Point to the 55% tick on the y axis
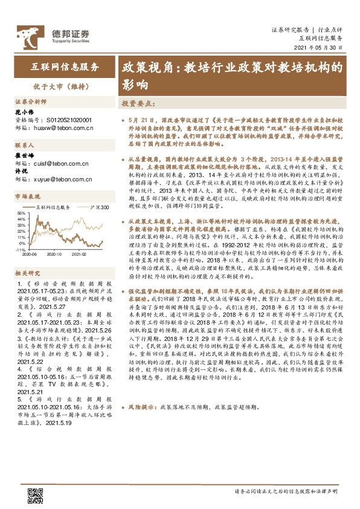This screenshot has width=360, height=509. click(x=21, y=213)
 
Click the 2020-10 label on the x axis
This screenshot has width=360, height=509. click(x=55, y=254)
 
